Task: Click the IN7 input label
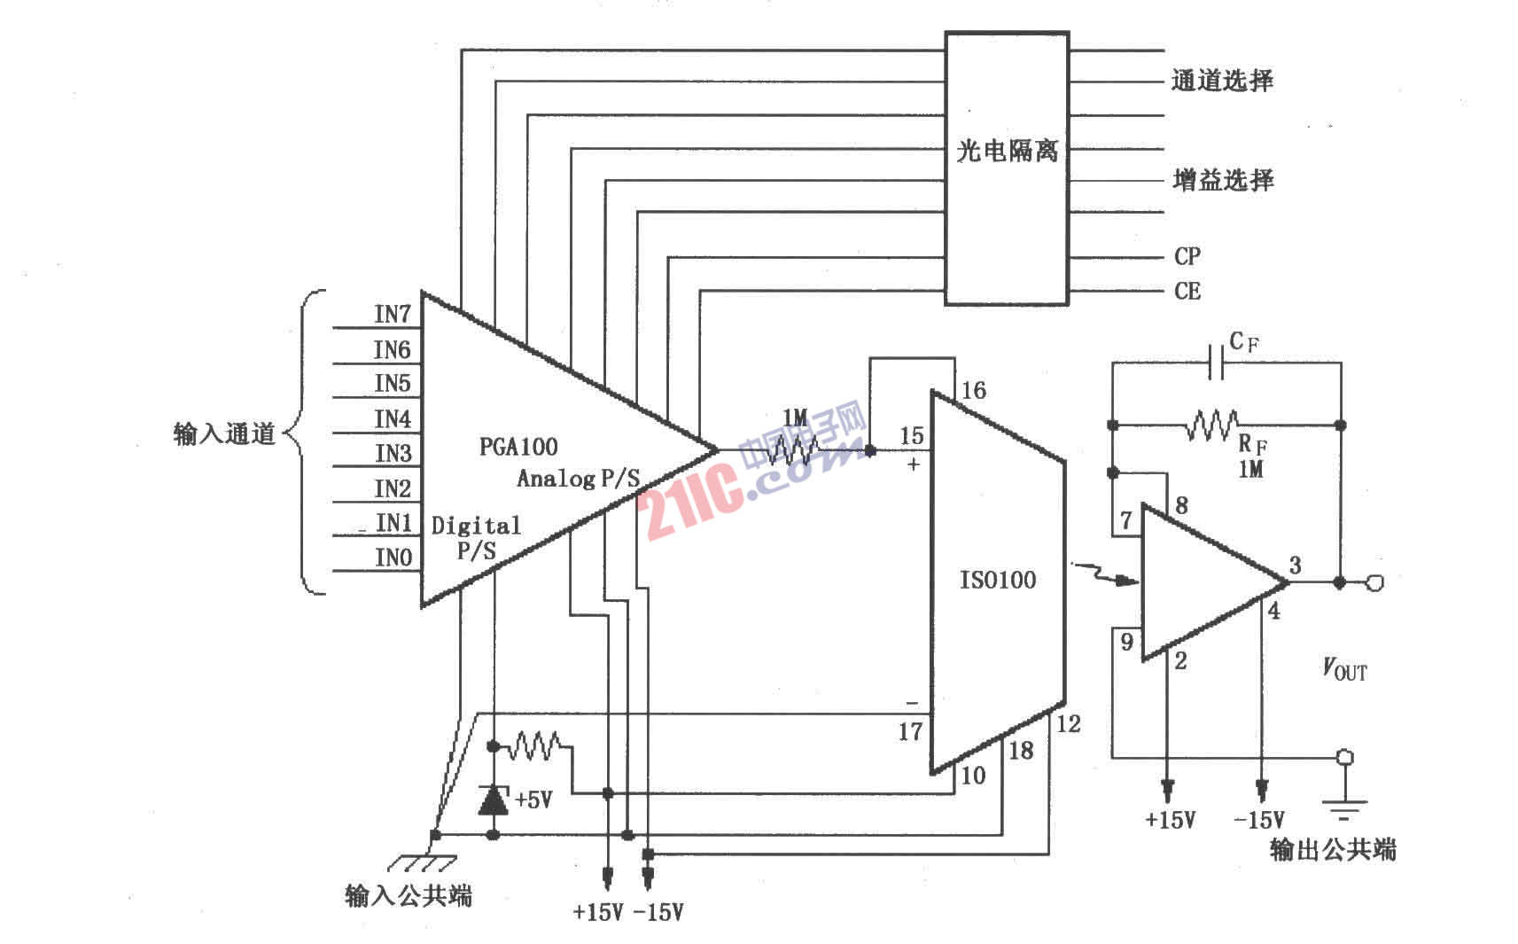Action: coord(393,315)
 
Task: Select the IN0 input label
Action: coord(393,558)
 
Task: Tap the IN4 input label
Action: coord(393,418)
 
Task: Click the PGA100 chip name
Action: coord(518,447)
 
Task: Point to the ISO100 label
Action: coord(998,581)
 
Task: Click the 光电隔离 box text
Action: coord(1007,152)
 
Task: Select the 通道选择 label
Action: coord(1222,82)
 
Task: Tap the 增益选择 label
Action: coord(1223,181)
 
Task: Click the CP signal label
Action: coord(1187,257)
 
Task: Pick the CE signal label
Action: coord(1187,292)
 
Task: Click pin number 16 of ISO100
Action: coord(973,391)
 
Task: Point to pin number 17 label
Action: coord(910,732)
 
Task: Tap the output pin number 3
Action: coord(1295,566)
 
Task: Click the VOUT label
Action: coord(1344,669)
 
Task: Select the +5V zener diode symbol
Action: coord(493,800)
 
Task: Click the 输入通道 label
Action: coord(225,434)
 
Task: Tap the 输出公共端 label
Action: coord(1332,850)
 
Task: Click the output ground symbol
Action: coord(1344,807)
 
